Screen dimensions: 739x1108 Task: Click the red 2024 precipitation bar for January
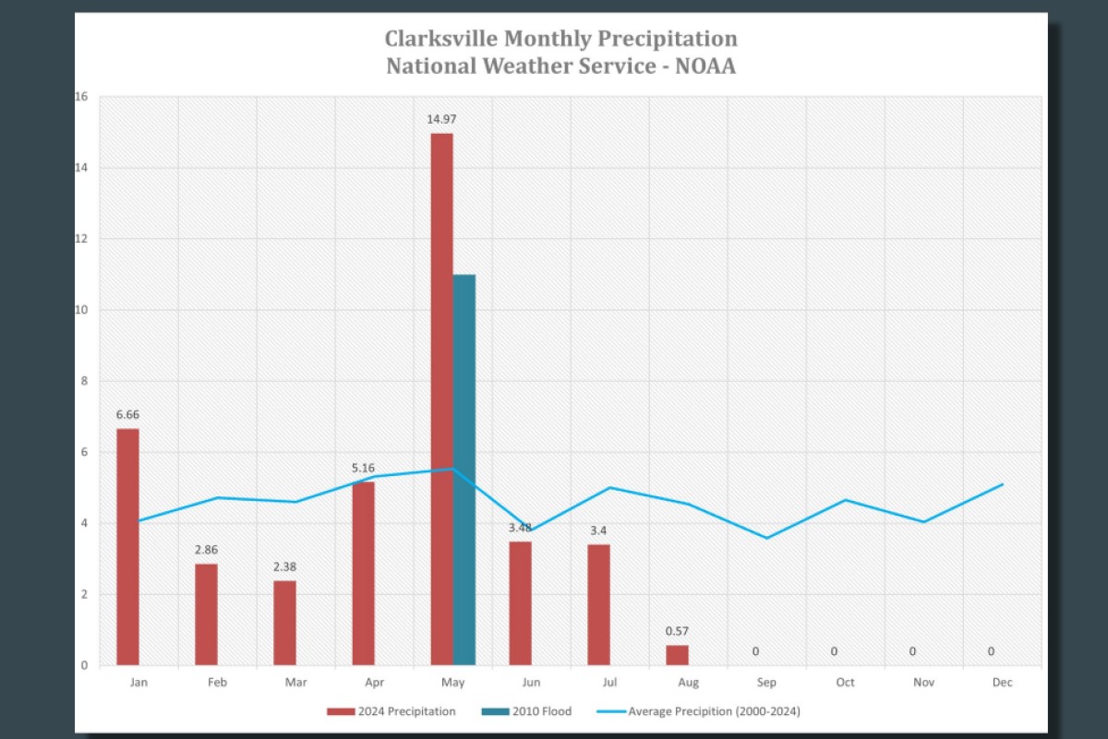pyautogui.click(x=127, y=546)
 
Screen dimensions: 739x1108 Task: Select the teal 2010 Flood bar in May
pyautogui.click(x=464, y=469)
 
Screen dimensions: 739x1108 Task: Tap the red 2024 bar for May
pyautogui.click(x=441, y=399)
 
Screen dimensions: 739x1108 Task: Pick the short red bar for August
pyautogui.click(x=677, y=655)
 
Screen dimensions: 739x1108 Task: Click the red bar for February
pyautogui.click(x=206, y=614)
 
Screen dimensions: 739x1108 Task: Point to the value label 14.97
pyautogui.click(x=441, y=119)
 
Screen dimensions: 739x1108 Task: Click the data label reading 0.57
pyautogui.click(x=677, y=631)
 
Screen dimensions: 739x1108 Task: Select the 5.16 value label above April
pyautogui.click(x=363, y=468)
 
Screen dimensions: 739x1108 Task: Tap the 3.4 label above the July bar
pyautogui.click(x=598, y=530)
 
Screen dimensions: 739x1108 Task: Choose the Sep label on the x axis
pyautogui.click(x=766, y=683)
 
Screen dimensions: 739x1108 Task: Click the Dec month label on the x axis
pyautogui.click(x=1002, y=683)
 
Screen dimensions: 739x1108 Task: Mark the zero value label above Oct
pyautogui.click(x=834, y=651)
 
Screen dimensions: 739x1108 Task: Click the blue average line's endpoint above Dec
pyautogui.click(x=1003, y=484)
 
